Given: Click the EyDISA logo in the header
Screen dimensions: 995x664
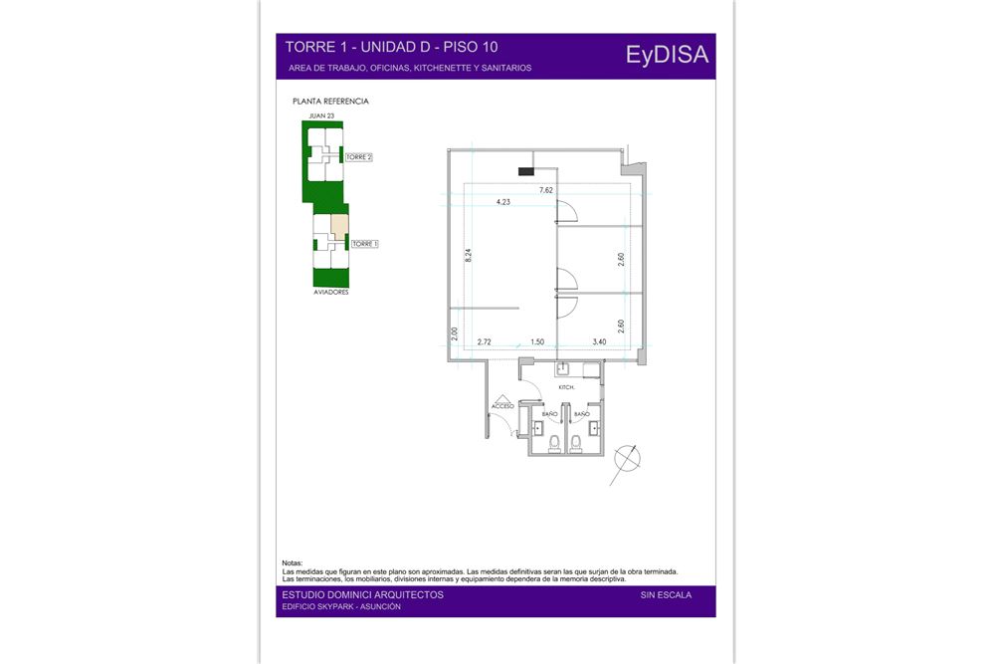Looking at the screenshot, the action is (x=667, y=55).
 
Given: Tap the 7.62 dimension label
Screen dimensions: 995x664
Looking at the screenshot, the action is (x=545, y=190).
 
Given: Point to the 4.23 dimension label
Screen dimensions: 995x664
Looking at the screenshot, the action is (x=503, y=202).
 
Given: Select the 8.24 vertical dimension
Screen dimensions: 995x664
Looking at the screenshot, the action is (x=469, y=255).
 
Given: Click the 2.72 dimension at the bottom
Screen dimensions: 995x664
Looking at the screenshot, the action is (x=485, y=341).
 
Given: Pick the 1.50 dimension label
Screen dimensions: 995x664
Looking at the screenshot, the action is (x=537, y=341).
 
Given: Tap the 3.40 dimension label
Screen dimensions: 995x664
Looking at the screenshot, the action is (x=599, y=341).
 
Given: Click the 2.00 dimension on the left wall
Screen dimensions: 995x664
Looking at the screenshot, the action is (x=455, y=333).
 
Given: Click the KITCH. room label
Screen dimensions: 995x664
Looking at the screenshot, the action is (x=566, y=387).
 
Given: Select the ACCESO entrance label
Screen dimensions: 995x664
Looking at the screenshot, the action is (x=502, y=406).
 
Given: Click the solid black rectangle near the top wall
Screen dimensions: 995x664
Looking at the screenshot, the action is (x=526, y=171).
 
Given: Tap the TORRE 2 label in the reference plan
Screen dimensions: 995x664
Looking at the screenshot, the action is (x=358, y=157).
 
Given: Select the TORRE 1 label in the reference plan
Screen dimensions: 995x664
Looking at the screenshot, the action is (x=365, y=244).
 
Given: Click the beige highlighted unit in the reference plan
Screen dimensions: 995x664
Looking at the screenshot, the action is (x=340, y=225).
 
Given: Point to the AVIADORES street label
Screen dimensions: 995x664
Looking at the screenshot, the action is (x=331, y=292).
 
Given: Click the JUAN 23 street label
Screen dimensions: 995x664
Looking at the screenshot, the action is (x=321, y=115).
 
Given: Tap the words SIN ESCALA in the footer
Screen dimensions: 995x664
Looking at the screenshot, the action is (x=666, y=594).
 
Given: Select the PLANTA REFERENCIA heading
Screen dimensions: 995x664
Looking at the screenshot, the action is (x=330, y=101).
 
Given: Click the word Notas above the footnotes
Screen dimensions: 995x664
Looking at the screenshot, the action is (x=293, y=563).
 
